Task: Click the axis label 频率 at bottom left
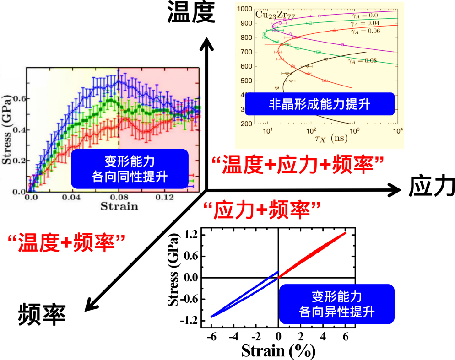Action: coord(42,314)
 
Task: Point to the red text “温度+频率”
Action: coord(67,242)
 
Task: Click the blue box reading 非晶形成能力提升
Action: coord(319,104)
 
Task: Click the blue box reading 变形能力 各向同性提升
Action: coord(130,168)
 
